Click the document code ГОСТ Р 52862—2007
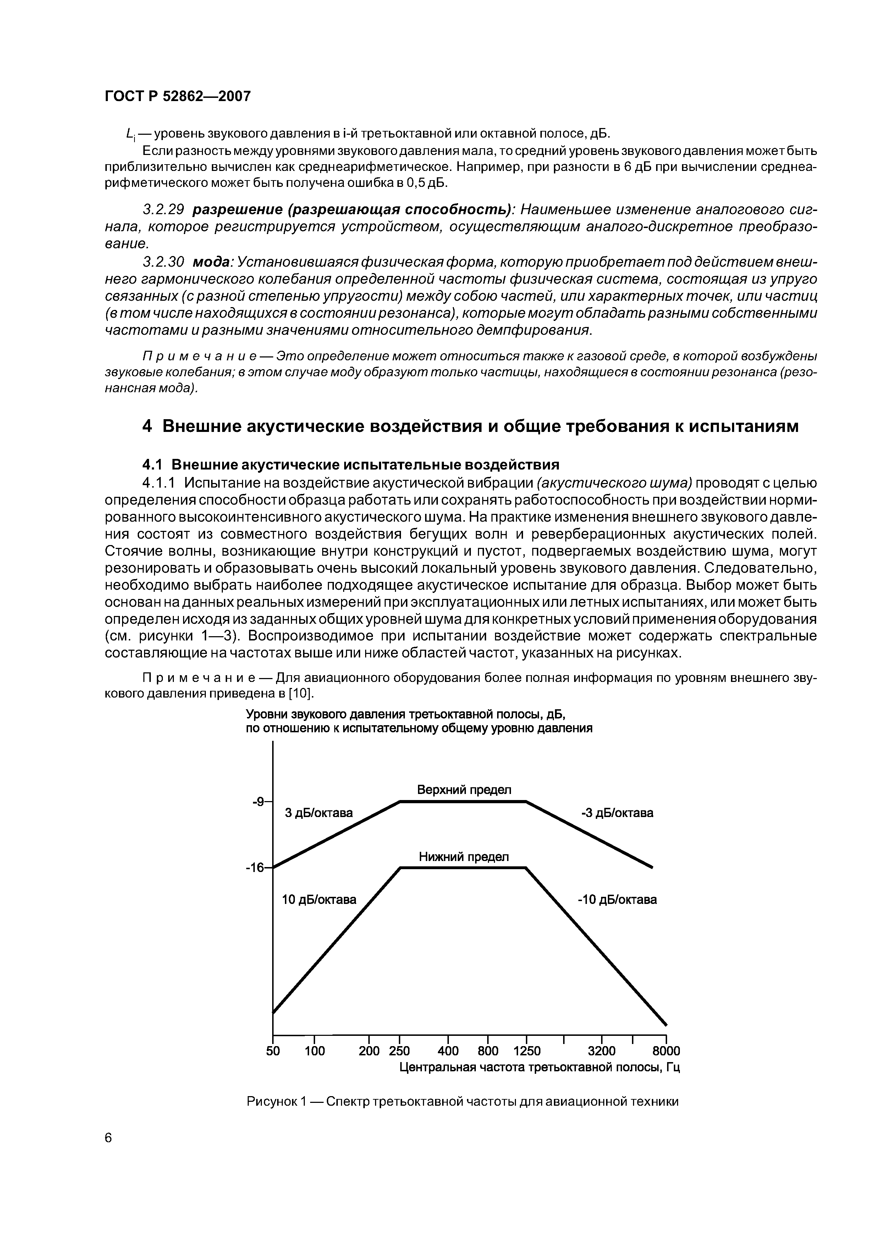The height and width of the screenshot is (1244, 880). tap(177, 96)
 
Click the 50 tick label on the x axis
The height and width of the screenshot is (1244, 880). tap(273, 1051)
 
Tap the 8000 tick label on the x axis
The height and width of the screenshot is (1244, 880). tap(665, 1051)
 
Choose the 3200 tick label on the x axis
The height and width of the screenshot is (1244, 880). tap(602, 1051)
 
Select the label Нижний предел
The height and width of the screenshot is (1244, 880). tap(463, 857)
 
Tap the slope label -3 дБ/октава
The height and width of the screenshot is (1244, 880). tap(617, 813)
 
